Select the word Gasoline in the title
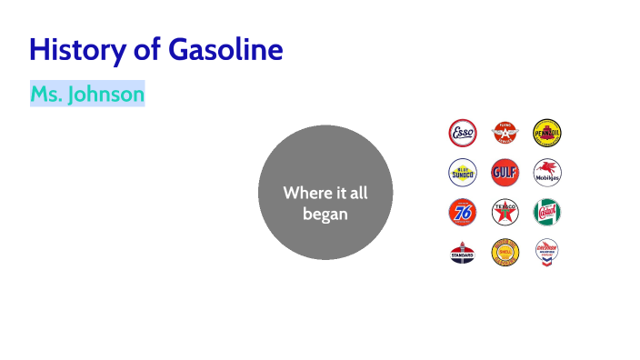pos(226,49)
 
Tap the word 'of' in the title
pos(147,49)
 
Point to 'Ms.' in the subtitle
pos(45,94)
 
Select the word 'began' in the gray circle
pos(325,215)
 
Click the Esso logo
pos(463,134)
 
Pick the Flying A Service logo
pos(505,134)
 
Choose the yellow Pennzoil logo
pos(546,134)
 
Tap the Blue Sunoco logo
pos(463,172)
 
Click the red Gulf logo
pos(505,172)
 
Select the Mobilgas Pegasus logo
pos(546,172)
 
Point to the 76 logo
pos(463,212)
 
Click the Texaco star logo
pos(505,212)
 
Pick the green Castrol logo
pos(546,212)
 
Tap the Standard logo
pos(463,252)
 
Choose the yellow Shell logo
pos(505,252)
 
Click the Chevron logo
pos(546,252)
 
